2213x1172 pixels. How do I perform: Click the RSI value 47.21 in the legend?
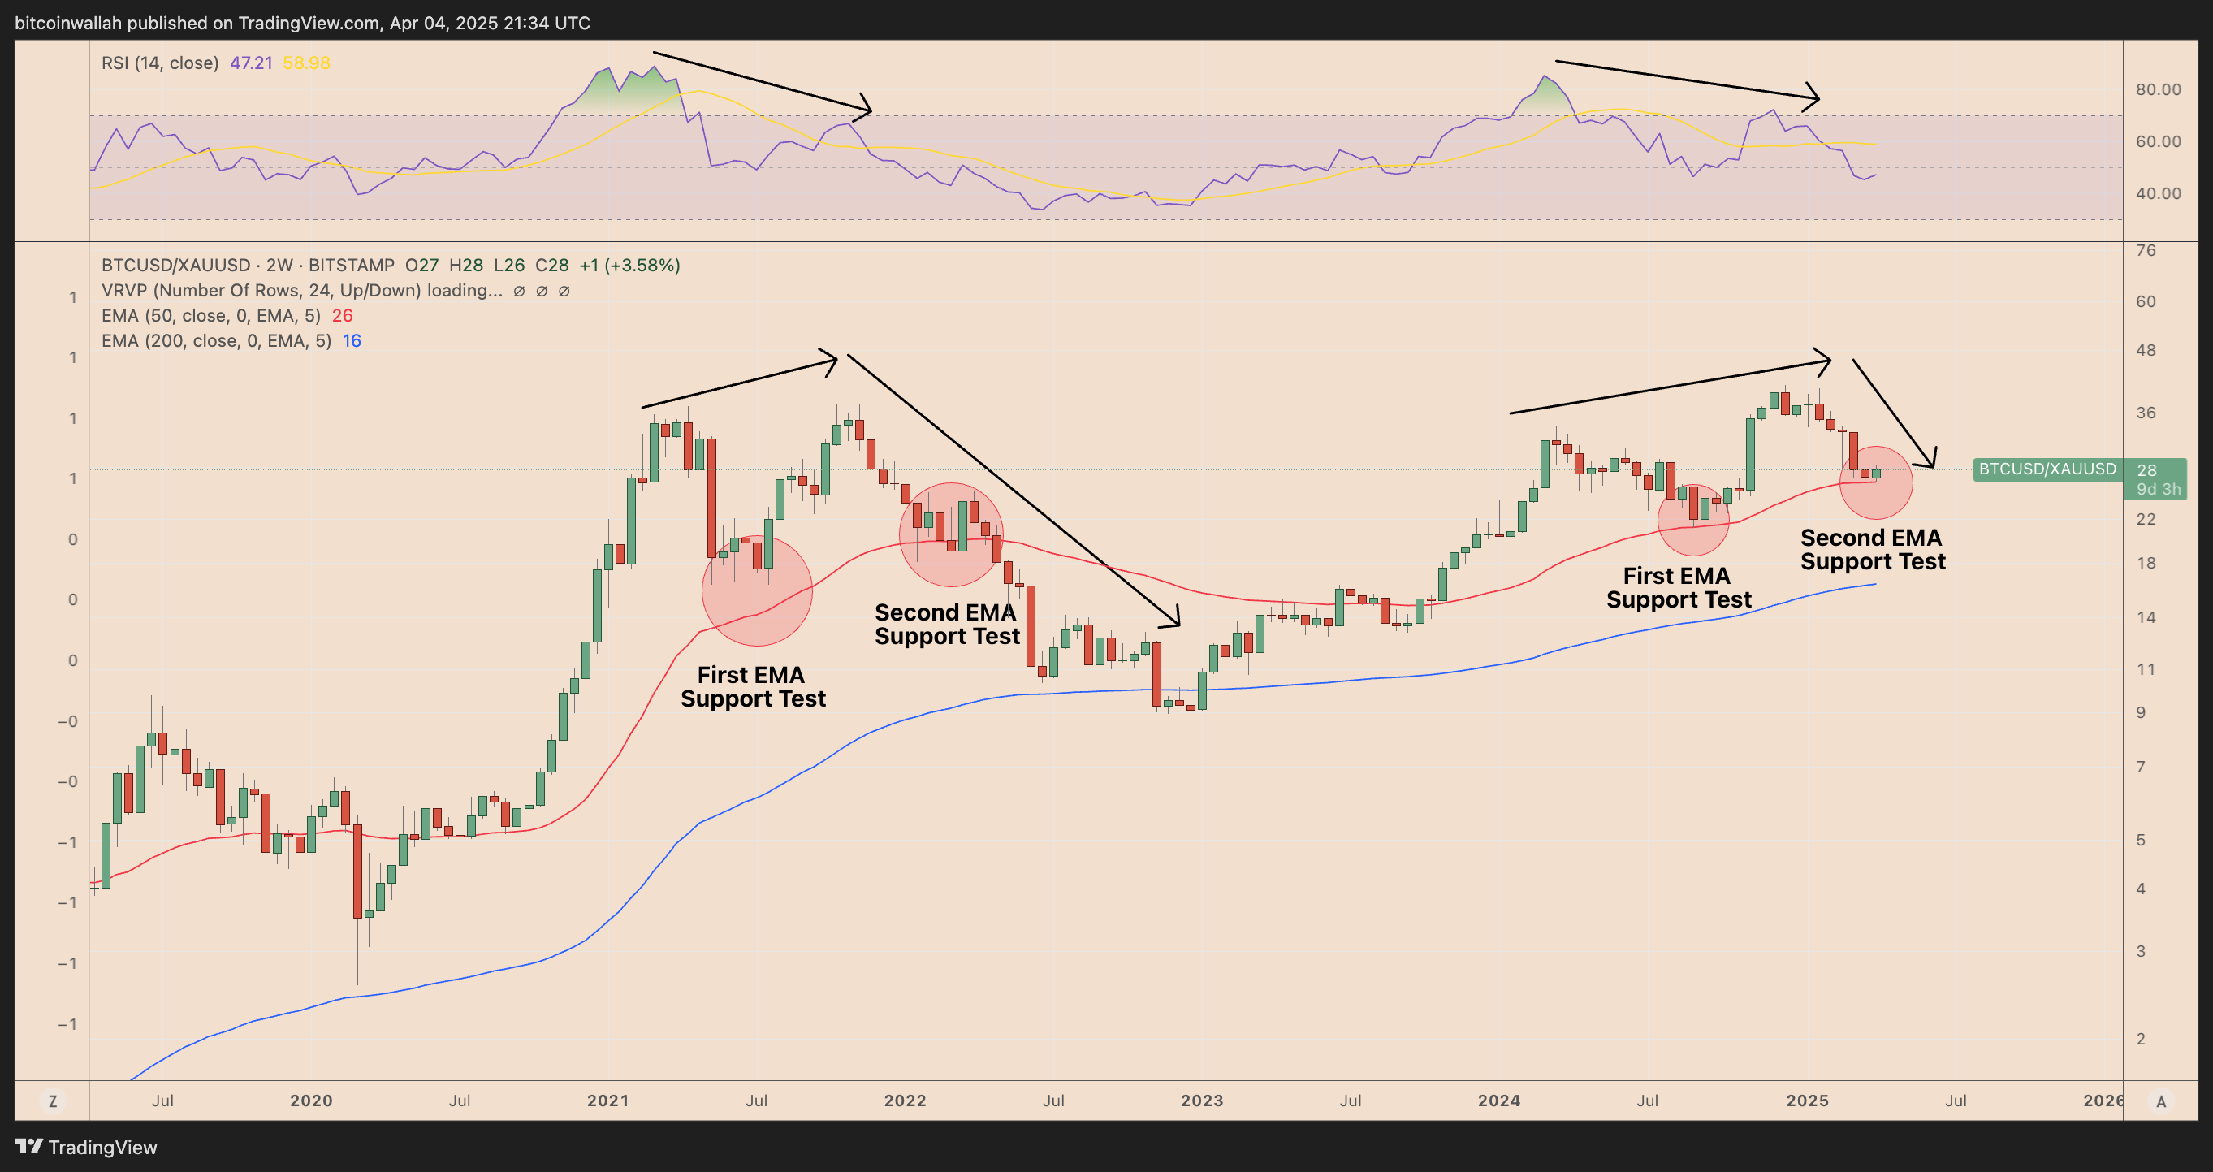click(x=251, y=63)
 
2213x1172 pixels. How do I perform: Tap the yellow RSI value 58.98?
click(x=306, y=63)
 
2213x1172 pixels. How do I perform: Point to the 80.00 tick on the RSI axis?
click(x=2157, y=89)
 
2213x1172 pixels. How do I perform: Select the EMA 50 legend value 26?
click(x=342, y=315)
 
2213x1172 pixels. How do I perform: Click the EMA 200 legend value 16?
click(x=352, y=341)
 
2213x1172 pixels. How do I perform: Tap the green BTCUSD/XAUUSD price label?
click(x=2047, y=469)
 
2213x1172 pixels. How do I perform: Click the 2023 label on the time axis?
click(x=1201, y=1101)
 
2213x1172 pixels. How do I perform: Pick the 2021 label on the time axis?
click(x=607, y=1101)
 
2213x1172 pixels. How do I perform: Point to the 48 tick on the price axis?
click(x=2145, y=350)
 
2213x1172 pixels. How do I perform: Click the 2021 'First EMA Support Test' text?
click(x=753, y=686)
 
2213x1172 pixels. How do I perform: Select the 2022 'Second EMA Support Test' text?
click(x=947, y=624)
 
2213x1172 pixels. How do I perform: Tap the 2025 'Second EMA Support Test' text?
click(x=1872, y=549)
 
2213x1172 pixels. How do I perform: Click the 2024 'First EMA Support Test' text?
click(x=1678, y=588)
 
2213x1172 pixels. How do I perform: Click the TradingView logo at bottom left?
click(x=86, y=1147)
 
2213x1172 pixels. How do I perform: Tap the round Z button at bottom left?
click(x=53, y=1101)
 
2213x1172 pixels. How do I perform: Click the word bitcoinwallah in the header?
click(x=68, y=24)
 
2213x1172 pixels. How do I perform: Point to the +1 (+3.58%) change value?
click(x=629, y=266)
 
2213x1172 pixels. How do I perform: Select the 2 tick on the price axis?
click(x=2140, y=1039)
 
